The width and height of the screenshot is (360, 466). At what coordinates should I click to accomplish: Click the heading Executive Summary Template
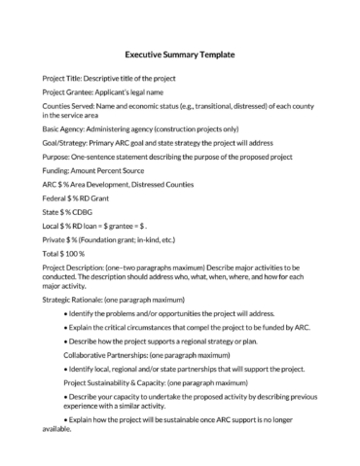[180, 54]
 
